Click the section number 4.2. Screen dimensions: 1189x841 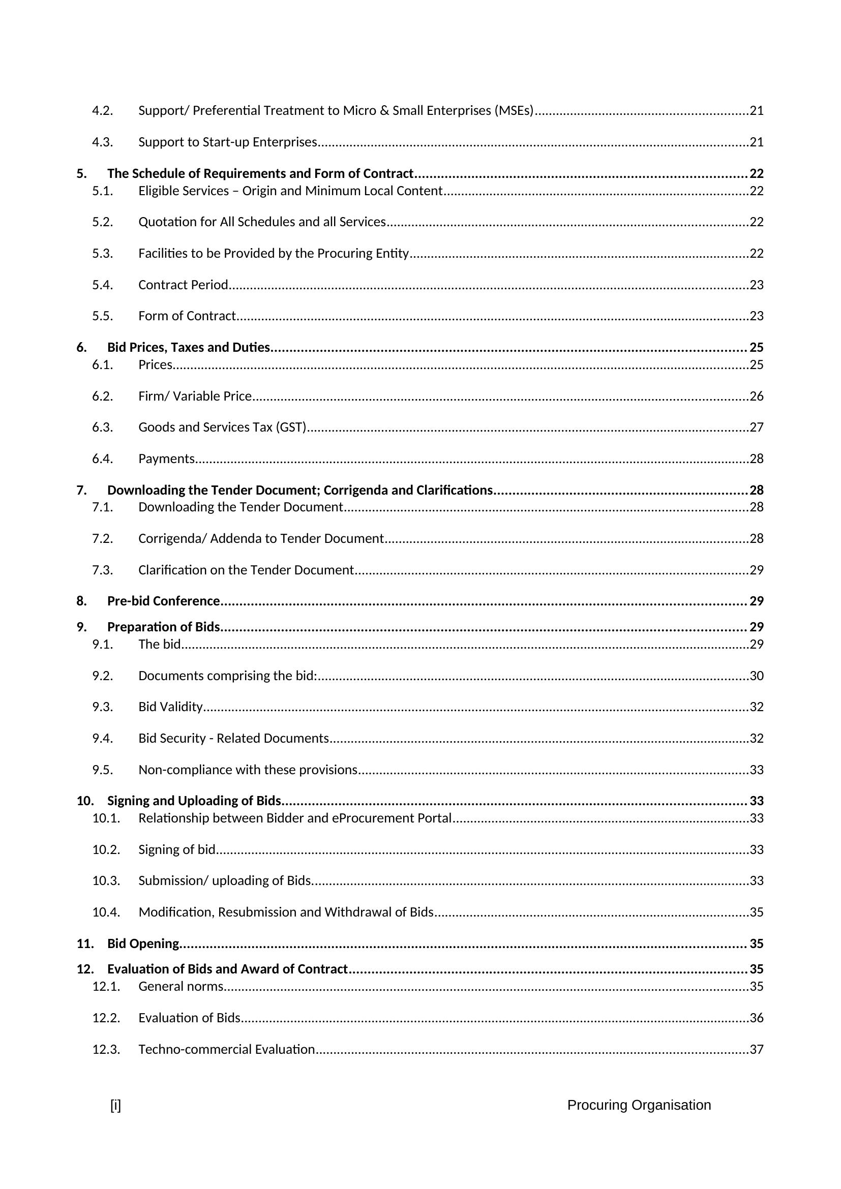click(x=102, y=111)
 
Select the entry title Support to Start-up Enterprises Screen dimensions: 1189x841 click(x=227, y=142)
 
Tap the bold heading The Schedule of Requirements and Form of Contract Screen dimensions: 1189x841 click(x=260, y=173)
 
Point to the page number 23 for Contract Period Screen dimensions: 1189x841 click(x=757, y=285)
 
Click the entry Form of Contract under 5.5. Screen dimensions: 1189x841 click(x=187, y=316)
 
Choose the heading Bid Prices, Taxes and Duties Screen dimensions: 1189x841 click(x=189, y=348)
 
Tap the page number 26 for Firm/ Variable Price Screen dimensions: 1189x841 click(x=757, y=396)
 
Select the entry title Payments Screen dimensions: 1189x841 click(x=166, y=459)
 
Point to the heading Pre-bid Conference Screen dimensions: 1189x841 click(x=164, y=601)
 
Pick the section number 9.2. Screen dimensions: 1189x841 click(x=102, y=676)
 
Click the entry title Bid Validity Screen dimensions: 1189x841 click(x=170, y=707)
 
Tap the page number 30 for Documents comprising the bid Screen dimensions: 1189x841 click(x=757, y=676)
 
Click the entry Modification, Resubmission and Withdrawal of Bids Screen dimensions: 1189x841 click(x=286, y=912)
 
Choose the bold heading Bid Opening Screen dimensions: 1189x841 click(x=143, y=943)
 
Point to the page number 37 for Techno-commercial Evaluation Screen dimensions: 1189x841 click(x=757, y=1049)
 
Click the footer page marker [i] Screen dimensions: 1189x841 click(x=115, y=1105)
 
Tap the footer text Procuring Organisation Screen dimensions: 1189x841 click(x=639, y=1105)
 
